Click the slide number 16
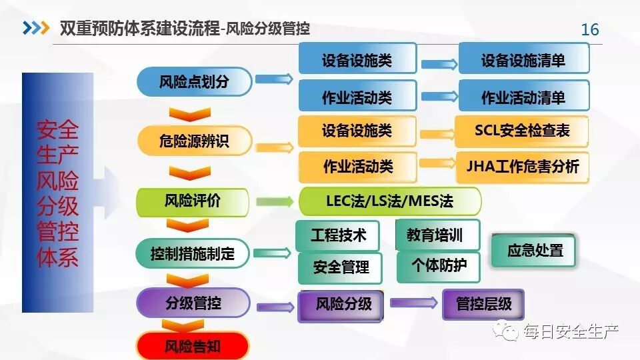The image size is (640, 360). (x=590, y=30)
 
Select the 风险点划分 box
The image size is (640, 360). (x=194, y=81)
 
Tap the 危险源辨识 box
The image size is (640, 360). (x=194, y=141)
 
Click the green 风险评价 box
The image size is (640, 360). (x=193, y=201)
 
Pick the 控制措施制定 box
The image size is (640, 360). (x=193, y=253)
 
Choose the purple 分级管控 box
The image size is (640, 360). (x=193, y=303)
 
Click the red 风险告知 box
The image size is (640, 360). (x=193, y=346)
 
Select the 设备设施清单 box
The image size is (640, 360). (x=523, y=60)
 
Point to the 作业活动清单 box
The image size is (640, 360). (x=523, y=97)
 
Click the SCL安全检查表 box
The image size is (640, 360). (x=522, y=131)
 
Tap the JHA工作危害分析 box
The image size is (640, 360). (x=523, y=166)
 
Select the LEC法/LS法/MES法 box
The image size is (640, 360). (x=390, y=201)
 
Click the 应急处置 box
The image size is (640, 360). (x=535, y=251)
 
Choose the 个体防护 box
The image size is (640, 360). (x=438, y=267)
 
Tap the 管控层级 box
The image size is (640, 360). (x=483, y=305)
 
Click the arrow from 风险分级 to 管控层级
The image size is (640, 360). (x=413, y=303)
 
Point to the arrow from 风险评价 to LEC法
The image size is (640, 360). (x=273, y=201)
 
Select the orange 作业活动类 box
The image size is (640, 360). (x=357, y=166)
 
